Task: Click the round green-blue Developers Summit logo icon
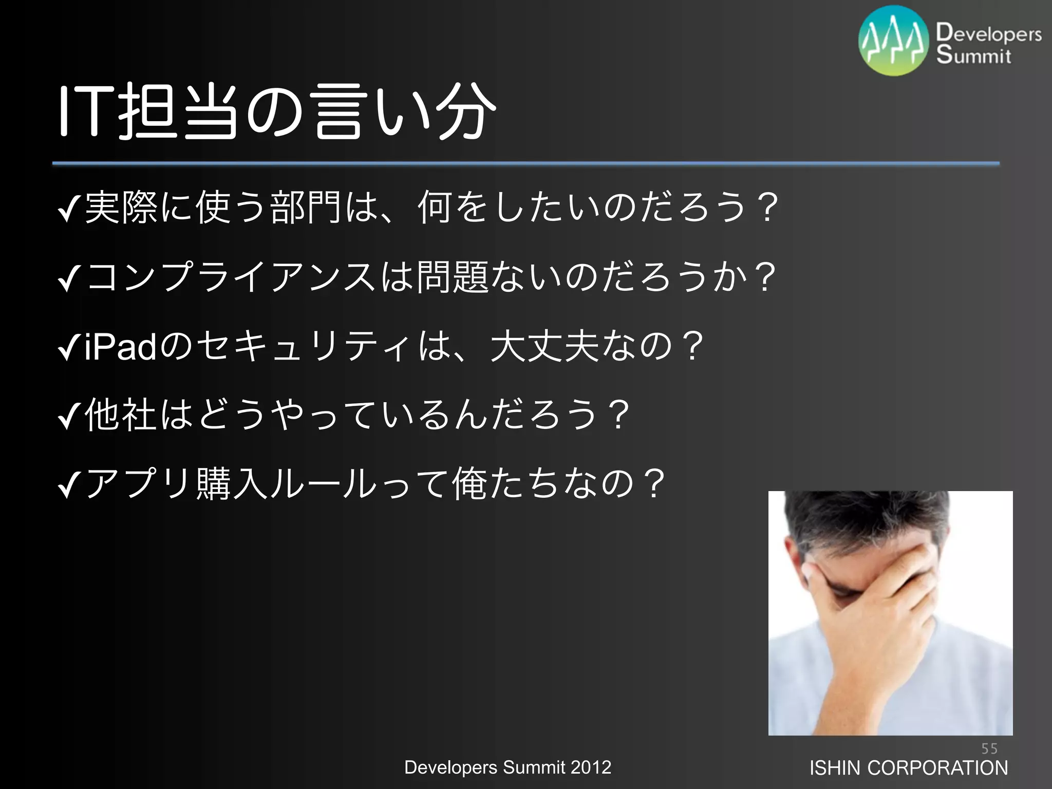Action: [894, 41]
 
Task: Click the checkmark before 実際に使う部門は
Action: [69, 209]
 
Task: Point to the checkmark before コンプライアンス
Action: [69, 278]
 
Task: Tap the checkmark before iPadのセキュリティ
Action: [69, 347]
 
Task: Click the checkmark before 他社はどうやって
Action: [69, 417]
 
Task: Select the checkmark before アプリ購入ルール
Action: [69, 486]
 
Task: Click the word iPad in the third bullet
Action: [120, 347]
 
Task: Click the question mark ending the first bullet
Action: [767, 208]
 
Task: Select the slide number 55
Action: [989, 748]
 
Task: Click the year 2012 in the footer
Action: [591, 767]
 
